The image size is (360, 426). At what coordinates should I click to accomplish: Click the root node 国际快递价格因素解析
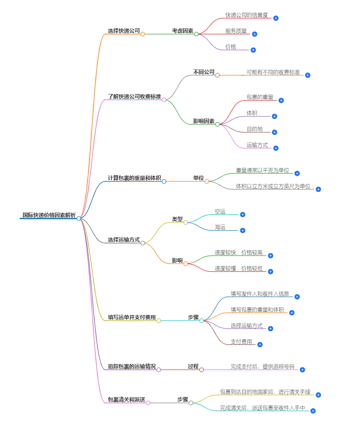point(49,215)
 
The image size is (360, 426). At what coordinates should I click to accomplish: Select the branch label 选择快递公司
point(124,31)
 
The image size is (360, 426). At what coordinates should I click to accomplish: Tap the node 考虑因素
point(182,31)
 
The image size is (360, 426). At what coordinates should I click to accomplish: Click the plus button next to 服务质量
point(254,34)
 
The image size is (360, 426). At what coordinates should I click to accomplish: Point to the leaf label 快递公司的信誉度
point(247,15)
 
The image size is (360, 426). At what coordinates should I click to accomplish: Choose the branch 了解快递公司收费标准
point(134,96)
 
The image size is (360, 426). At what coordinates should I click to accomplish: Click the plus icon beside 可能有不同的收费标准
point(308,75)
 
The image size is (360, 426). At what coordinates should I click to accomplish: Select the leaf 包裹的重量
point(260,97)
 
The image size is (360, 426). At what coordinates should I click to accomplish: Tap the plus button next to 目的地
point(274,132)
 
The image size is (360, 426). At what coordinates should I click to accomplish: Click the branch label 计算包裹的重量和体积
point(134,178)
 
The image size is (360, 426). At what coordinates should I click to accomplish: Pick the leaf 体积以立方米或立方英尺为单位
point(273,186)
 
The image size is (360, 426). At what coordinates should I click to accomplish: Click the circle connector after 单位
point(207,181)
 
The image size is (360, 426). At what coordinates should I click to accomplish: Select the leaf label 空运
point(220,211)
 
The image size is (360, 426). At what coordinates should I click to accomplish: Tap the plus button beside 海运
point(243,231)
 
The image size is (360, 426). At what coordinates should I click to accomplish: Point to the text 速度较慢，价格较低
point(239,269)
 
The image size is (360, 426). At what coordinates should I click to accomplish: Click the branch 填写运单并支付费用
point(132,317)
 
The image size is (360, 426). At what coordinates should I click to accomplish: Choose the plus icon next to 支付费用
point(260,345)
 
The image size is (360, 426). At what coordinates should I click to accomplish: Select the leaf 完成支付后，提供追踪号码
point(262,367)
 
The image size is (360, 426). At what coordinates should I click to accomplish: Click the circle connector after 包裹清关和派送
point(148,403)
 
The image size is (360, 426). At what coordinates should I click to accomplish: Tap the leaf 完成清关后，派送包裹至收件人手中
point(262,408)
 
